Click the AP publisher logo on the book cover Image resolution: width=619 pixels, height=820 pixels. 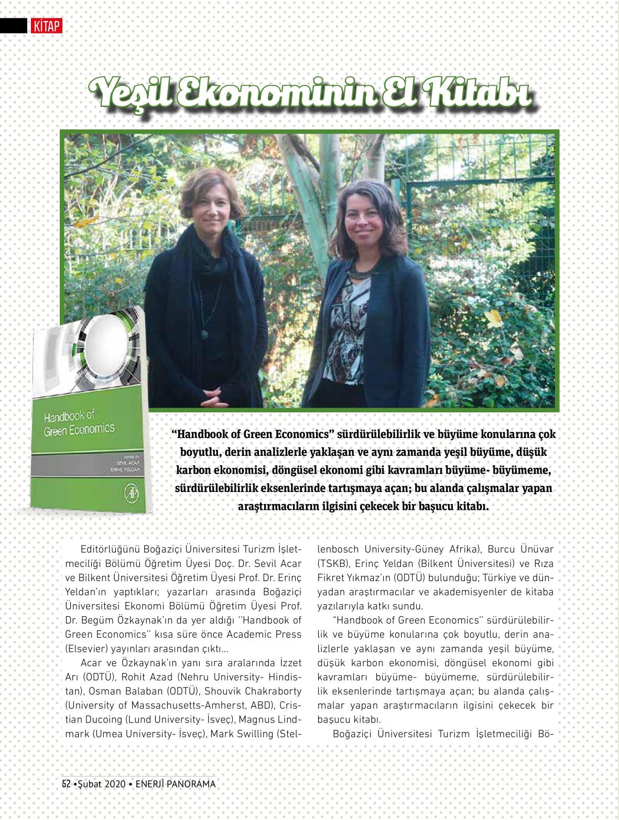(x=129, y=494)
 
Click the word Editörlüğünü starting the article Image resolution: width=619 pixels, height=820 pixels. (x=110, y=550)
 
